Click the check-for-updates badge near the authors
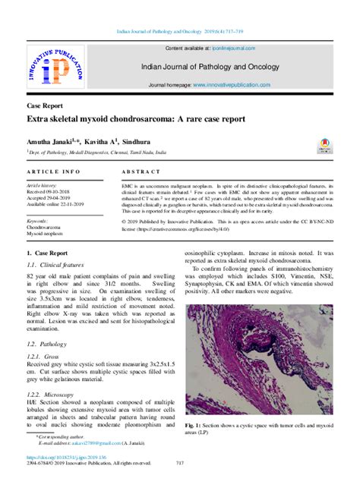tap(324, 144)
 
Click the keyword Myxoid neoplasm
tap(48, 233)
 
